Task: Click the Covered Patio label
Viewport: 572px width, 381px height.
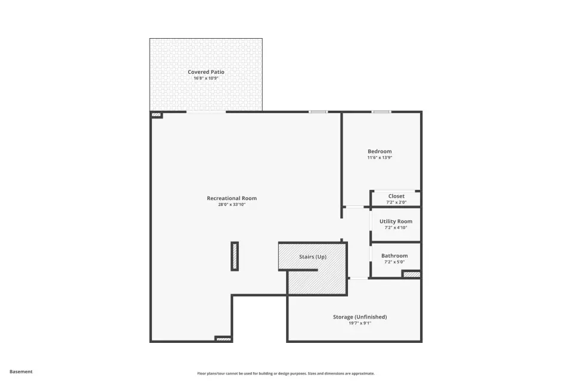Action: pyautogui.click(x=206, y=72)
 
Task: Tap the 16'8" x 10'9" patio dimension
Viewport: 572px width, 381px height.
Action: pyautogui.click(x=206, y=78)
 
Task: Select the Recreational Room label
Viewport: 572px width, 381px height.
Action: pyautogui.click(x=232, y=198)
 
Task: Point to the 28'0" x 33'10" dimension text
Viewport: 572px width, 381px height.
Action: pyautogui.click(x=232, y=205)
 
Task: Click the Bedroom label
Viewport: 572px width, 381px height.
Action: pyautogui.click(x=380, y=151)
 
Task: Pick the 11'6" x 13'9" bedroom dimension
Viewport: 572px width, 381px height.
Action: pyautogui.click(x=380, y=158)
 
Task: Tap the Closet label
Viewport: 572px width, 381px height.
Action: pyautogui.click(x=397, y=196)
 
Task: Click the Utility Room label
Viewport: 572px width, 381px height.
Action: pyautogui.click(x=396, y=221)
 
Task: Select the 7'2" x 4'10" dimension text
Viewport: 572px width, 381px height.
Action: pyautogui.click(x=396, y=227)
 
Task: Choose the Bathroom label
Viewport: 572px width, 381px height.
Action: pyautogui.click(x=394, y=256)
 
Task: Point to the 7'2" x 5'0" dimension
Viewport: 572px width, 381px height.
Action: pyautogui.click(x=394, y=262)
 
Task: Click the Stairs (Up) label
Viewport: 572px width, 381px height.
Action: pyautogui.click(x=313, y=257)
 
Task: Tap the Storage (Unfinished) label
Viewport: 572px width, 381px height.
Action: pyautogui.click(x=360, y=317)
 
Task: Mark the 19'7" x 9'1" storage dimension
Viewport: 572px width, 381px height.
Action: pyautogui.click(x=360, y=323)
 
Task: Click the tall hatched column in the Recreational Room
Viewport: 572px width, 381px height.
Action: pyautogui.click(x=235, y=257)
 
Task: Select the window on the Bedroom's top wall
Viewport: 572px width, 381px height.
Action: pyautogui.click(x=381, y=111)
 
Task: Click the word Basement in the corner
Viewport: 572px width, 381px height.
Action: pyautogui.click(x=21, y=371)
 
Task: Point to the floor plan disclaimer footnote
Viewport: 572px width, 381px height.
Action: pyautogui.click(x=286, y=373)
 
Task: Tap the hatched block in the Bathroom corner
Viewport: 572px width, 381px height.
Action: pyautogui.click(x=412, y=274)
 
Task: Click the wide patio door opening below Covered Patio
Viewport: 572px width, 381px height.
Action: pyautogui.click(x=206, y=112)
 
